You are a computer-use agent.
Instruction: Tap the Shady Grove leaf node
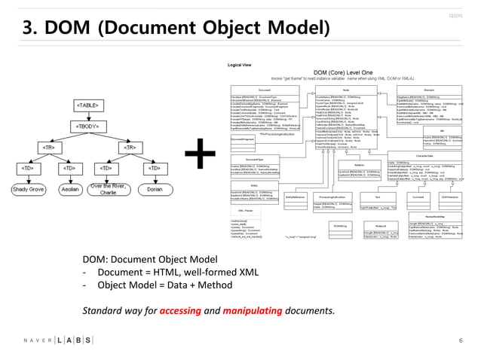28,190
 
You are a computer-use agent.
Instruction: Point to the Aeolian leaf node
69,190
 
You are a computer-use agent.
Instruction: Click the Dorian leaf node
154,190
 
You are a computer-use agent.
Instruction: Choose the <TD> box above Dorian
154,167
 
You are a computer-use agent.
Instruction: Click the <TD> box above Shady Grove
27,167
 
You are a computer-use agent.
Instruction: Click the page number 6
459,340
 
